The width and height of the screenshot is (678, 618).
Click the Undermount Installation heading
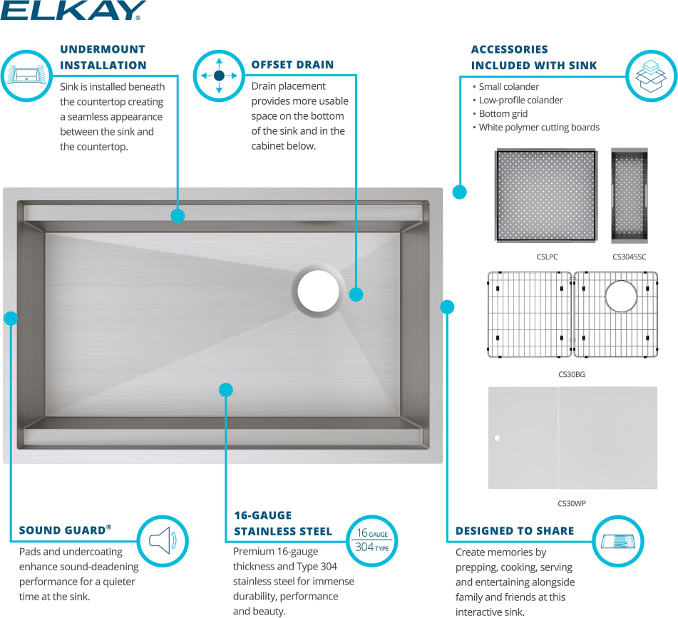point(103,57)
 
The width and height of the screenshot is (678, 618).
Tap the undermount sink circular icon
point(26,75)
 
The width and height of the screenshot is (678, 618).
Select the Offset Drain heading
point(292,64)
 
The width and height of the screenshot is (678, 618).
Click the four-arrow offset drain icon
point(219,75)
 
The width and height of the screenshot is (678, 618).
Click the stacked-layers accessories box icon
point(651,76)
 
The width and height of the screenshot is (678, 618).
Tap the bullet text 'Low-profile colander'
point(520,100)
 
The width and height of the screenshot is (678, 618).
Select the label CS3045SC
point(629,257)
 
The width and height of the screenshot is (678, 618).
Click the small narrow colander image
point(629,195)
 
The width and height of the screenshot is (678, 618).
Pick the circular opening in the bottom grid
point(621,297)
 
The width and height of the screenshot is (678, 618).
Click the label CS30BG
point(572,374)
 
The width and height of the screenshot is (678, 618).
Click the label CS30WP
point(572,503)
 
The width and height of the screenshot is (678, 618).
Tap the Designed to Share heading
point(514,530)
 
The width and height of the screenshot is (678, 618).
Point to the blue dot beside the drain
point(356,294)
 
